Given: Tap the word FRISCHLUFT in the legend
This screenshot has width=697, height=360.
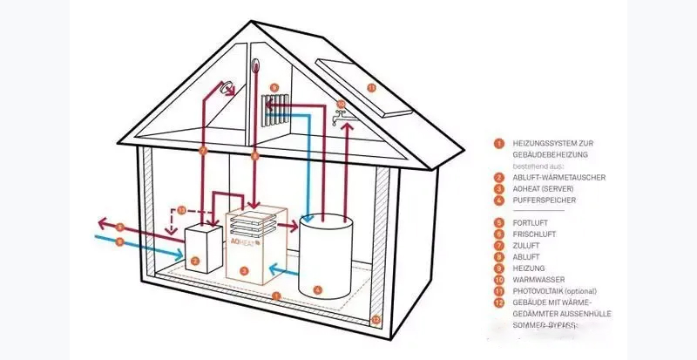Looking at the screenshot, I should point(534,234).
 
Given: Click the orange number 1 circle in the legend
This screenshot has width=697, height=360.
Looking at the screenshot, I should point(497,142).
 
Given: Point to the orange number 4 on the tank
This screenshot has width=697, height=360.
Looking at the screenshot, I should point(317,289).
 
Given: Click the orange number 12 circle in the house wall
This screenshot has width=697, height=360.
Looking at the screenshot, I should point(376,320).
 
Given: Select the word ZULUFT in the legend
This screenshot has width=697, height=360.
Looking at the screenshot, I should point(527,245).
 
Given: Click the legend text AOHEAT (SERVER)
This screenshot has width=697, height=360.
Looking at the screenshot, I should point(545,188).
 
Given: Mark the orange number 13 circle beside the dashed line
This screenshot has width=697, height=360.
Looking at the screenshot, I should point(181,211).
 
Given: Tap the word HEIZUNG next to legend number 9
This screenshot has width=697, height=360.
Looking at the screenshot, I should point(529,268).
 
